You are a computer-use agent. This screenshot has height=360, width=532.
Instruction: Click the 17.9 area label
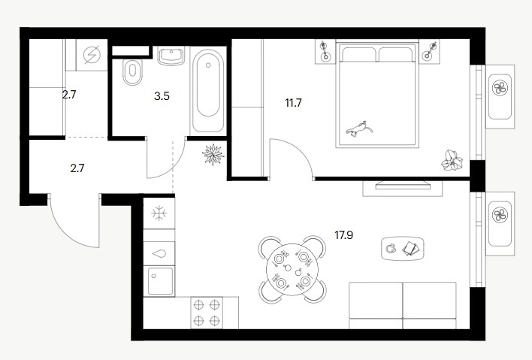coord(343,234)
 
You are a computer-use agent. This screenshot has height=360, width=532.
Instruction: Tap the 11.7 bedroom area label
coord(293,103)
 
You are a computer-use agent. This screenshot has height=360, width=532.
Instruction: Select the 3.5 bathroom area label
coord(162,96)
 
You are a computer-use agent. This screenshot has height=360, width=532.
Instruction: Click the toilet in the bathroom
coord(132,72)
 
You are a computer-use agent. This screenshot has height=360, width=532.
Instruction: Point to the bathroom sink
coord(171,56)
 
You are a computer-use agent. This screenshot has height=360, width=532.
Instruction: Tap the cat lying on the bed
coord(358,129)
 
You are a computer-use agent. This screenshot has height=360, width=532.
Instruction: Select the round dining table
coord(292,269)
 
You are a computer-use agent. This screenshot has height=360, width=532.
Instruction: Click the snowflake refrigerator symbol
coord(159,213)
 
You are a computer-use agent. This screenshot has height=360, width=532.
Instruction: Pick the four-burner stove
coord(207,313)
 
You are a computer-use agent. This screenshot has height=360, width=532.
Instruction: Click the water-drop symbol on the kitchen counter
coord(159,253)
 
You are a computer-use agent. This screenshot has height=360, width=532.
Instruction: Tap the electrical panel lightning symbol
coord(92,55)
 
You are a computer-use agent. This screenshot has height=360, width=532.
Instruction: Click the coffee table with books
coord(403,248)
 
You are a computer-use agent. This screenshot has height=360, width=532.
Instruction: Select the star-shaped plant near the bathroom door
coord(213,154)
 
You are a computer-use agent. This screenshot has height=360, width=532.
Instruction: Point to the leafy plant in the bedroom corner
coord(452,160)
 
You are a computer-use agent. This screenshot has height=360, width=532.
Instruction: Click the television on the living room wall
coord(403,186)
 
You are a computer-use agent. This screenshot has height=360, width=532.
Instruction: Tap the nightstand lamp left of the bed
coord(325,51)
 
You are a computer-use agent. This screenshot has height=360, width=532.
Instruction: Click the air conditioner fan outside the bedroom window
coord(500,88)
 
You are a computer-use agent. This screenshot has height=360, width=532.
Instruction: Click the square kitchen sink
coord(161,281)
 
